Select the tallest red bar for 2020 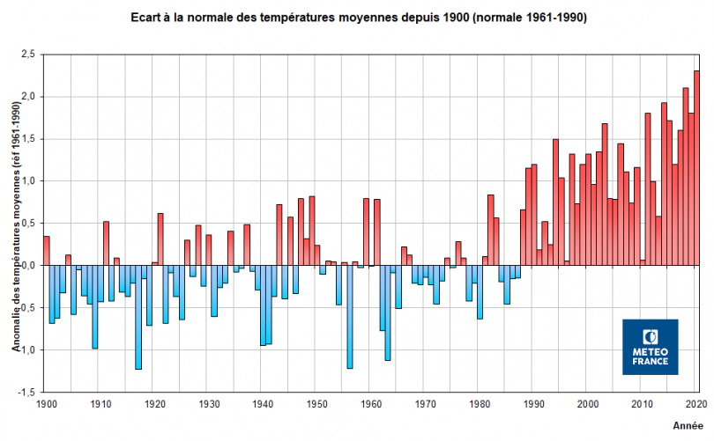696,167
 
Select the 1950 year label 316,404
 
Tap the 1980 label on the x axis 480,404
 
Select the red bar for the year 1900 46,251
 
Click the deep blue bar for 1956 350,317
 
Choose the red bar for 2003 605,194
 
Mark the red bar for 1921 160,239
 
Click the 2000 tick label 588,404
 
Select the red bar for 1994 556,202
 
